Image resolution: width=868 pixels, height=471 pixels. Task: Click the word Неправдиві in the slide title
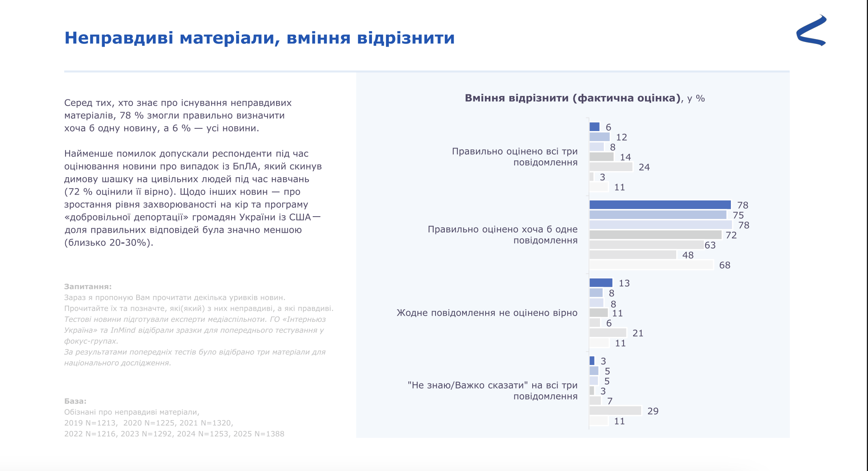click(x=119, y=38)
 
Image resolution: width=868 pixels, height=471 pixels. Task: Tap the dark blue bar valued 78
click(x=660, y=205)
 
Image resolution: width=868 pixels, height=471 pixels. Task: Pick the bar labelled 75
click(x=657, y=215)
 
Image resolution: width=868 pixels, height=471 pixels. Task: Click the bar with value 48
click(x=632, y=255)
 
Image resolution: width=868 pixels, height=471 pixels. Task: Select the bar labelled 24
click(x=611, y=167)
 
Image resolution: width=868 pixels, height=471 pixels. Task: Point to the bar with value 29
click(x=615, y=411)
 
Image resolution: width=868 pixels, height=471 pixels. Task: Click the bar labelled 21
click(x=608, y=333)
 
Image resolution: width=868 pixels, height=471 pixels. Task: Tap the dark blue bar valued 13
click(x=601, y=283)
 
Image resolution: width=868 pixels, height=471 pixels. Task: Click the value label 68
click(x=725, y=265)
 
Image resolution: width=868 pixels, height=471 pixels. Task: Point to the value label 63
click(x=710, y=245)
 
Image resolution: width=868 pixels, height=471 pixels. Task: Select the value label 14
click(x=625, y=157)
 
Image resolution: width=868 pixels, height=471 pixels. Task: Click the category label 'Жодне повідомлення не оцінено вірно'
click(x=487, y=313)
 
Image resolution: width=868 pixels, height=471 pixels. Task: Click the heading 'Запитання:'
click(x=88, y=286)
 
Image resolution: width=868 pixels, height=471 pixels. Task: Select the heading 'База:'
click(x=75, y=401)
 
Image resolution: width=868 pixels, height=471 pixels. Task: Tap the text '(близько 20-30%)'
click(x=109, y=242)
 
